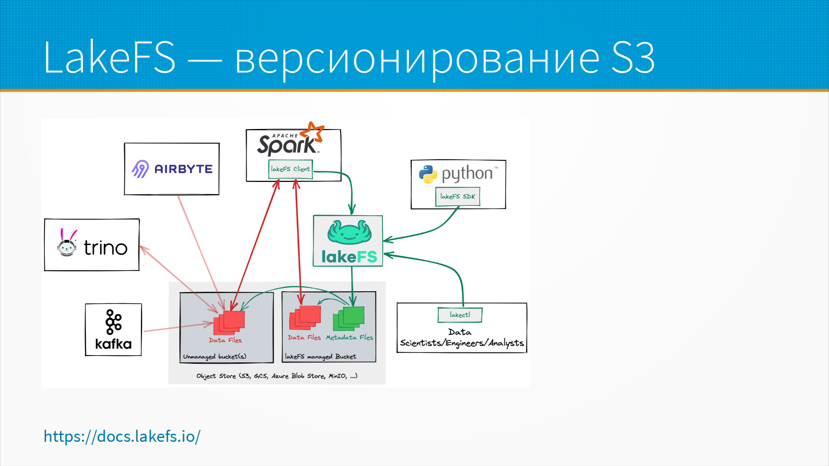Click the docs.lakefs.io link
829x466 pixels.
(122, 436)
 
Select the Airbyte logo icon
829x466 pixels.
(140, 169)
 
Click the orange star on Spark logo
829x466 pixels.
(313, 131)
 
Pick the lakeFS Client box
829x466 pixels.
(290, 169)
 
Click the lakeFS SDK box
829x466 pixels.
(458, 197)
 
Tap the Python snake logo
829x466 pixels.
(428, 174)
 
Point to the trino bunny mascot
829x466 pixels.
(67, 243)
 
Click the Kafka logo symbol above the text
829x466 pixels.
(114, 322)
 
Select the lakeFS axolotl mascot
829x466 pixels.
(349, 233)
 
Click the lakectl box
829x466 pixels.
(460, 315)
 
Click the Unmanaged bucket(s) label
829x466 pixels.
(215, 357)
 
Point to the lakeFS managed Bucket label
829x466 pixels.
(320, 357)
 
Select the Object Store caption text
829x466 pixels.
(277, 376)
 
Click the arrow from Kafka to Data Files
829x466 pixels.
(177, 327)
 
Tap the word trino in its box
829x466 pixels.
(106, 248)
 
